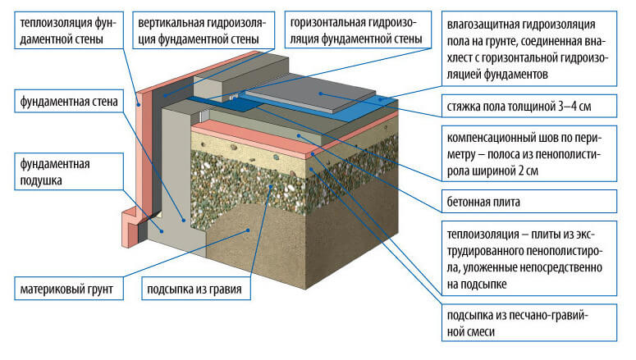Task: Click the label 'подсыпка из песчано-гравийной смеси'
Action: [515, 324]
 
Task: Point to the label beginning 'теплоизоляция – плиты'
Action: [525, 253]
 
